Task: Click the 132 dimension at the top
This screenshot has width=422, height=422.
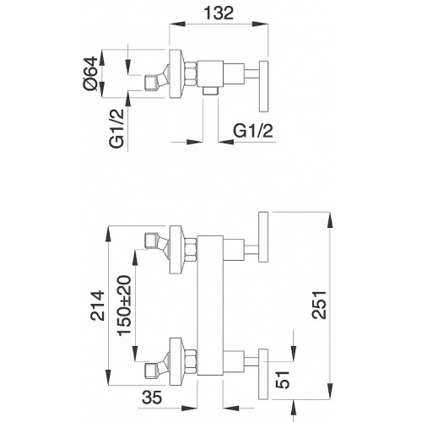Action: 219,13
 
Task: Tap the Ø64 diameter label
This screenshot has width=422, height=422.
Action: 90,73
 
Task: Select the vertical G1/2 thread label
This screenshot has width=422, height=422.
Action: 116,128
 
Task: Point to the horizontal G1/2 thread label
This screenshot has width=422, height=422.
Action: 253,131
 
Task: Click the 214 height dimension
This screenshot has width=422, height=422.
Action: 97,306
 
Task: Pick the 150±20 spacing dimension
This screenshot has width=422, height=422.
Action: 125,306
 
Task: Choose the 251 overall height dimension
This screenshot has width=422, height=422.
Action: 319,306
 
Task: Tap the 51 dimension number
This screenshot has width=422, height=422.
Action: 283,380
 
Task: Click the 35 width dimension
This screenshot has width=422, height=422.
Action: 152,398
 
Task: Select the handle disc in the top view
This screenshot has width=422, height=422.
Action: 263,86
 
